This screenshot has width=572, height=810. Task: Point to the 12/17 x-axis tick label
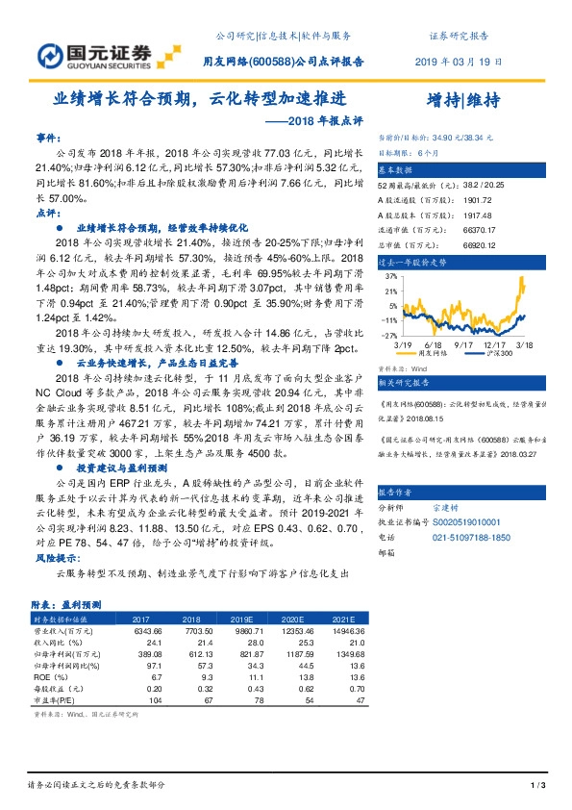click(496, 344)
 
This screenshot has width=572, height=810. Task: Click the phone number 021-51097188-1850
click(472, 538)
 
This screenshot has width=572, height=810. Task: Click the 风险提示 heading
click(54, 557)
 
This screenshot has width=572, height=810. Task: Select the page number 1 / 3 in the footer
click(538, 787)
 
